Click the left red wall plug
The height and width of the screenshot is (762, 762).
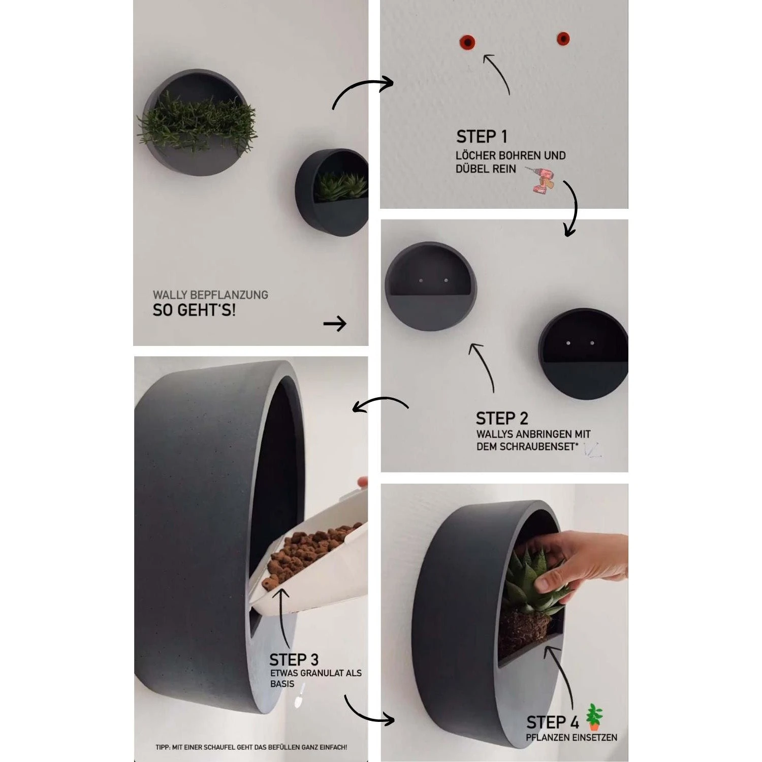point(466,41)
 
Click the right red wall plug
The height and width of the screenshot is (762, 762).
point(563,39)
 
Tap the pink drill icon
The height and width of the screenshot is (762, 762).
point(543,180)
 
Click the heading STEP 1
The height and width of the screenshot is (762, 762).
point(482,137)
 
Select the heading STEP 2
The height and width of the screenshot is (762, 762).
point(502,419)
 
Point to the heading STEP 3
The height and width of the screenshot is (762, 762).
point(294,660)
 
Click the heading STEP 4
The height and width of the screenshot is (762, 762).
point(553,722)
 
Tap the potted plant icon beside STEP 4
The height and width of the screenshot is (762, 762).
point(594,717)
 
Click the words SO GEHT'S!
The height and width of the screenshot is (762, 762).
point(194,310)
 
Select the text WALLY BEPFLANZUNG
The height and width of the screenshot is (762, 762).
point(210,295)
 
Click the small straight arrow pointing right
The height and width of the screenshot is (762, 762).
point(335,324)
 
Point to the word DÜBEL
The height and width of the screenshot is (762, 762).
point(472,169)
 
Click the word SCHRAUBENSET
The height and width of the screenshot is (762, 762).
point(525,447)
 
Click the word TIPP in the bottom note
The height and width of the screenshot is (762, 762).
point(163,747)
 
